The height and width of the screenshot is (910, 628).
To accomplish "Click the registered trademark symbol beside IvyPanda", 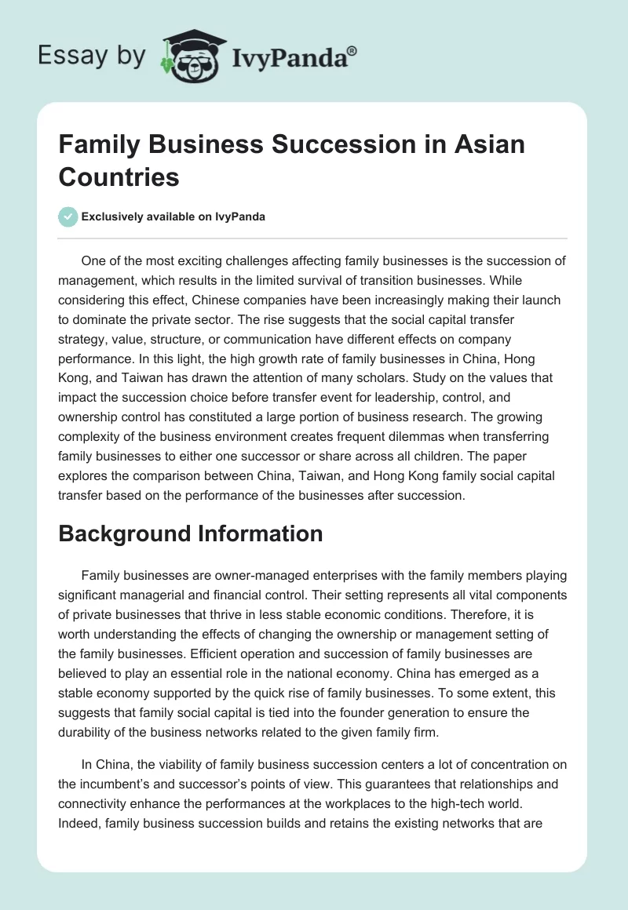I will pyautogui.click(x=352, y=51).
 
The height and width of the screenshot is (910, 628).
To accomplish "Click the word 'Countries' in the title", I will pyautogui.click(x=119, y=177).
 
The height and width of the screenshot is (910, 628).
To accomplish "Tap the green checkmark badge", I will pyautogui.click(x=68, y=217).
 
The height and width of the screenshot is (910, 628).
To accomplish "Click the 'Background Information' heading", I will pyautogui.click(x=191, y=533).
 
